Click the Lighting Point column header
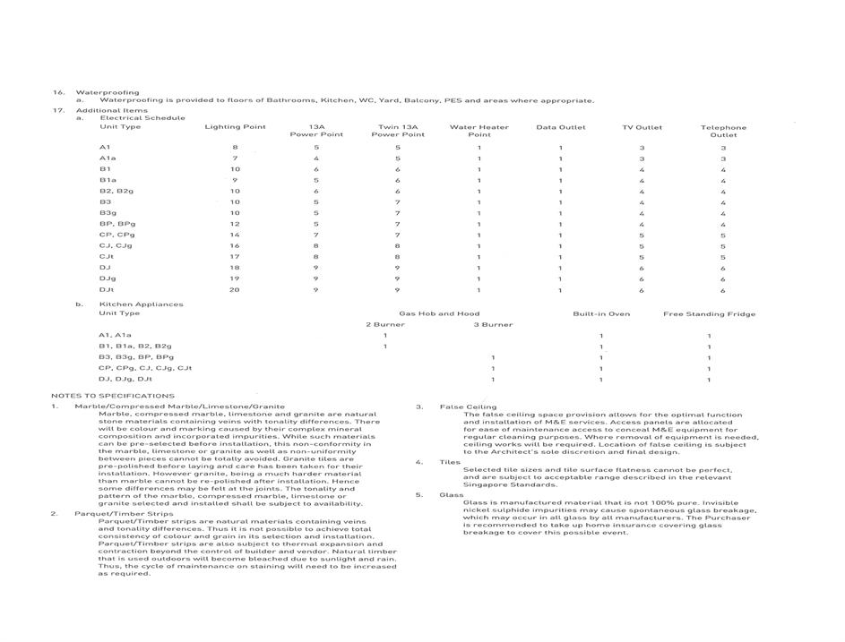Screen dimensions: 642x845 pos(235,127)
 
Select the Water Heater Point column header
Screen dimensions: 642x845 pos(479,131)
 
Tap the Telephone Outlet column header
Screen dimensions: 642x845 pos(723,131)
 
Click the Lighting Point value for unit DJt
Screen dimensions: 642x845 pos(235,290)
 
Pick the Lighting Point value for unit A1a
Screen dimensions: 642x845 pos(235,158)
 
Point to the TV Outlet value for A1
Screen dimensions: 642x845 pos(642,147)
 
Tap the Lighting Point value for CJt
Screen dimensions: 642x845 pos(235,257)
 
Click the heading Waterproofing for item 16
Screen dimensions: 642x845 pos(108,92)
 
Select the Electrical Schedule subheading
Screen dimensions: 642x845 pos(142,118)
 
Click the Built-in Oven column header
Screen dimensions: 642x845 pos(601,314)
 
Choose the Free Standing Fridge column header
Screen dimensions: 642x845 pos(709,314)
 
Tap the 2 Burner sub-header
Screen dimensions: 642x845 pos(385,325)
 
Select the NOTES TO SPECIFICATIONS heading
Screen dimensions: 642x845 pos(113,396)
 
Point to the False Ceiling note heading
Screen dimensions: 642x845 pos(468,407)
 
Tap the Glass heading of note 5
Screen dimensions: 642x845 pos(451,495)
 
